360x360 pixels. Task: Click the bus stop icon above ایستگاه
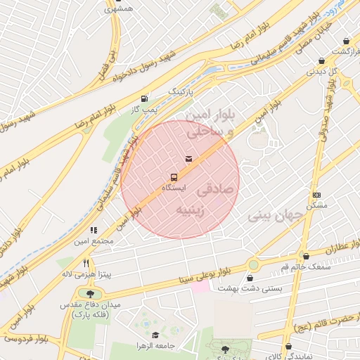[x=174, y=177]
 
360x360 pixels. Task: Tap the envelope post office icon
[x=188, y=159]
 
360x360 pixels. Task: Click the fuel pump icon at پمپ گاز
[x=144, y=99]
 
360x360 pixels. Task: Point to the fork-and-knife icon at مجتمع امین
[x=94, y=229]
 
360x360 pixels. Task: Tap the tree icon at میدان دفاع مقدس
[x=90, y=294]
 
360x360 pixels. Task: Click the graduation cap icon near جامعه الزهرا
[x=155, y=335]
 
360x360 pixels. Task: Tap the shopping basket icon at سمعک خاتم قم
[x=305, y=256]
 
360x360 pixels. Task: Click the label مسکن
[x=317, y=206]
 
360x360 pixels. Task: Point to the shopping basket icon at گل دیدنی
[x=321, y=60]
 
